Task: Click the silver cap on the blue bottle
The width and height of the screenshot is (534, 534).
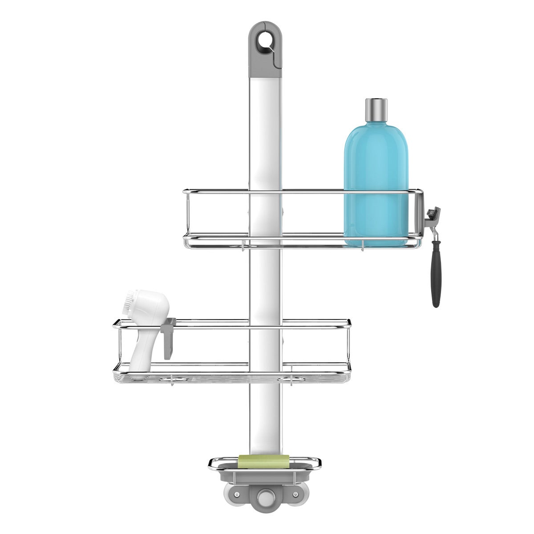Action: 376,110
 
